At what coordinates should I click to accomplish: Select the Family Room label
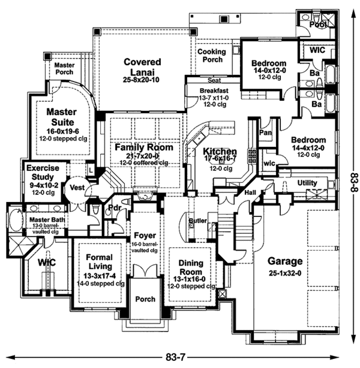coord(144,147)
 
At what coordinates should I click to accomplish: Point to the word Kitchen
coord(220,152)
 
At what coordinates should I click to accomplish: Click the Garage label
coord(286,261)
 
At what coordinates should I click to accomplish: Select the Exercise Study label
coord(43,173)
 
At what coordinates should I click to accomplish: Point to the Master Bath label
coord(42,220)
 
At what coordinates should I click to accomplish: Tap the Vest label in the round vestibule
coord(77,187)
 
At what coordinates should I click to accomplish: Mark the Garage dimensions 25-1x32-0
coord(286,274)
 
